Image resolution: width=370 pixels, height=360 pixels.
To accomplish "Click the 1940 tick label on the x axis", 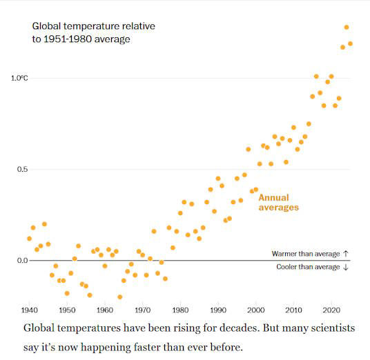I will [29, 310].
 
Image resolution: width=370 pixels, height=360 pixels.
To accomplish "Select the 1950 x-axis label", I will [67, 310].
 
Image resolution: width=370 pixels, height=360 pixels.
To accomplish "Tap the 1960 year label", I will [105, 310].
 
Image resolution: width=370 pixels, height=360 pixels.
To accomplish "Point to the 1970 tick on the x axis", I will [143, 310].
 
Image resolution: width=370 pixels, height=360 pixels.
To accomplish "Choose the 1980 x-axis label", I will [180, 310].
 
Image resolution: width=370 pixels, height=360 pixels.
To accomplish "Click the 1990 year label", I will [218, 310].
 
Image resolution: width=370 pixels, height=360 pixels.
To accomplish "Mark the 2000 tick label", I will [256, 310].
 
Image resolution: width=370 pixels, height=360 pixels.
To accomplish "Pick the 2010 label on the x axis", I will [293, 310].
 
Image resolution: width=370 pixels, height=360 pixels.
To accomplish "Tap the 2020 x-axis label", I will [331, 310].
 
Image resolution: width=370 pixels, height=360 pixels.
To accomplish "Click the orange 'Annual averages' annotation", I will [278, 202].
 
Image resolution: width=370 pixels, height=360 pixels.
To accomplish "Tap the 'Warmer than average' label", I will [310, 254].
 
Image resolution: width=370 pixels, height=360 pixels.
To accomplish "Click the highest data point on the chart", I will [347, 28].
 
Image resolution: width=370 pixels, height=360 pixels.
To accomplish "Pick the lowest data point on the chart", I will [119, 297].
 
